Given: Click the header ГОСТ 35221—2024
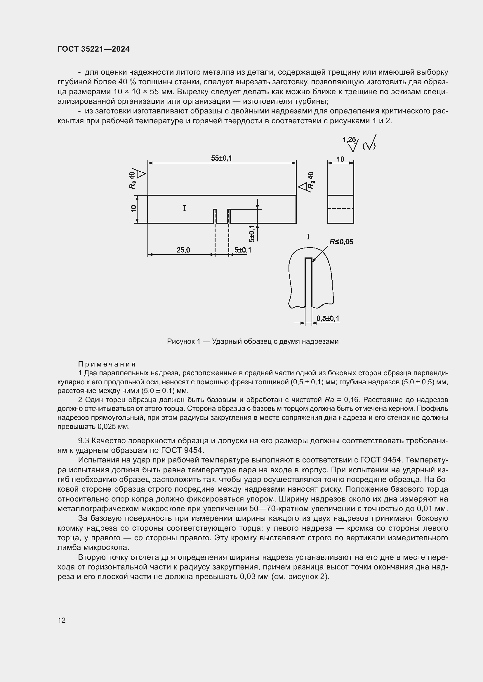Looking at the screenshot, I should pyautogui.click(x=93, y=49).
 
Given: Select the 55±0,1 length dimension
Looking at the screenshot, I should pyautogui.click(x=221, y=158).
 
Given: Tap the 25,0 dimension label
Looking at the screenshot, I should pyautogui.click(x=183, y=250).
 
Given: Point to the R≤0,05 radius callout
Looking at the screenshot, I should pyautogui.click(x=341, y=242).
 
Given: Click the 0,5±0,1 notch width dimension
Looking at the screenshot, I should pyautogui.click(x=327, y=318).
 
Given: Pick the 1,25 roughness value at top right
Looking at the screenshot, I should pyautogui.click(x=349, y=140).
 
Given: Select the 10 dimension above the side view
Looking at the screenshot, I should pyautogui.click(x=340, y=159).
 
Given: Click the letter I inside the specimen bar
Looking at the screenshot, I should pyautogui.click(x=184, y=208).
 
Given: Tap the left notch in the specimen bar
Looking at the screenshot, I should pyautogui.click(x=215, y=216).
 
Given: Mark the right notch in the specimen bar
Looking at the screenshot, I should pyautogui.click(x=229, y=216).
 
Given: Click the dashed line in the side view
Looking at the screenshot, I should pyautogui.click(x=340, y=209).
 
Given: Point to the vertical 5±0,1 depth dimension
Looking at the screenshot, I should pyautogui.click(x=252, y=234).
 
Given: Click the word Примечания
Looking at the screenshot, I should pyautogui.click(x=107, y=364).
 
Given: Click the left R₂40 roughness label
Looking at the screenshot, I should pyautogui.click(x=133, y=180).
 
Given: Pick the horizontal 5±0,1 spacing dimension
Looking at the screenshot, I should pyautogui.click(x=242, y=250).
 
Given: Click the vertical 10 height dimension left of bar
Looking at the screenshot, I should pyautogui.click(x=133, y=209).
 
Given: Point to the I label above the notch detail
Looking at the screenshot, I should pyautogui.click(x=308, y=237).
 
